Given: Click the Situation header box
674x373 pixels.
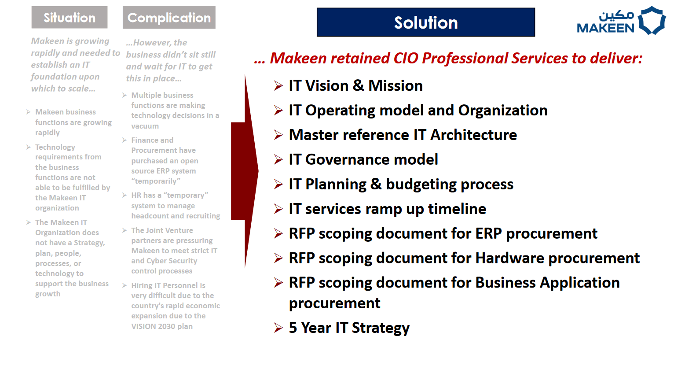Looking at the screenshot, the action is tap(70, 18).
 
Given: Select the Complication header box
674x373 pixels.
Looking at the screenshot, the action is tap(169, 18).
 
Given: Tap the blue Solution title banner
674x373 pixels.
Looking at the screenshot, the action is tap(426, 22).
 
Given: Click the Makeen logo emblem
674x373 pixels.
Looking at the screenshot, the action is tap(652, 21).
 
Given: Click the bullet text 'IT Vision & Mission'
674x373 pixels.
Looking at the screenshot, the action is tap(355, 85).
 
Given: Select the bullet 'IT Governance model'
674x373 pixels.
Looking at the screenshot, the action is tap(363, 159).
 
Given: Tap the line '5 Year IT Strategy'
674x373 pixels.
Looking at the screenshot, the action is tap(349, 328).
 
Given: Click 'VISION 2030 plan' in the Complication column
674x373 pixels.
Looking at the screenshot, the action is tap(162, 326).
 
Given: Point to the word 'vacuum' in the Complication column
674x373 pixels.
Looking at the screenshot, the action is tap(145, 126).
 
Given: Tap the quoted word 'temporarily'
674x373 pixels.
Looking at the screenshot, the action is tap(156, 181).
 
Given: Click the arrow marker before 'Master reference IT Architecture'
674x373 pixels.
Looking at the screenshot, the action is tap(278, 135).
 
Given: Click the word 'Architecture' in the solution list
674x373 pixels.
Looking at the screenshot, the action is tap(474, 135).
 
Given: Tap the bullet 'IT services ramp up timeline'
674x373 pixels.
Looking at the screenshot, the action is tap(387, 209).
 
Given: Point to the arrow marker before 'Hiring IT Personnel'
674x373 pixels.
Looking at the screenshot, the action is tap(124, 285).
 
